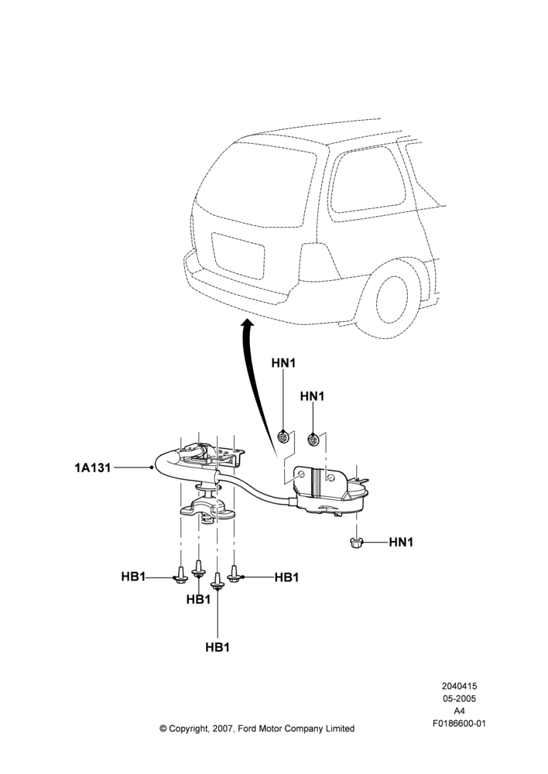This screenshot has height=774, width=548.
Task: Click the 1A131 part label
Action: (x=93, y=467)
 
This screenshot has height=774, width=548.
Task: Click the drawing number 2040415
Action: (x=459, y=686)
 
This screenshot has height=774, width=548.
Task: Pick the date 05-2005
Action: (x=459, y=698)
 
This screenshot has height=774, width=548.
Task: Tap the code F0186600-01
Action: (x=459, y=724)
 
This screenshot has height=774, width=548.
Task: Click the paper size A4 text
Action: (x=459, y=711)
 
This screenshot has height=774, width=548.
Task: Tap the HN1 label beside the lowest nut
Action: (x=401, y=542)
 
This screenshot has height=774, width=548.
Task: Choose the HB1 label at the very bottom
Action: (x=217, y=646)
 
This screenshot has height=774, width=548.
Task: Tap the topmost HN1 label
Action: (x=283, y=363)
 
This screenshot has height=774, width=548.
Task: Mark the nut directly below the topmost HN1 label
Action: (x=283, y=437)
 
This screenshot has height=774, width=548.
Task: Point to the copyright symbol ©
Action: (x=163, y=728)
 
